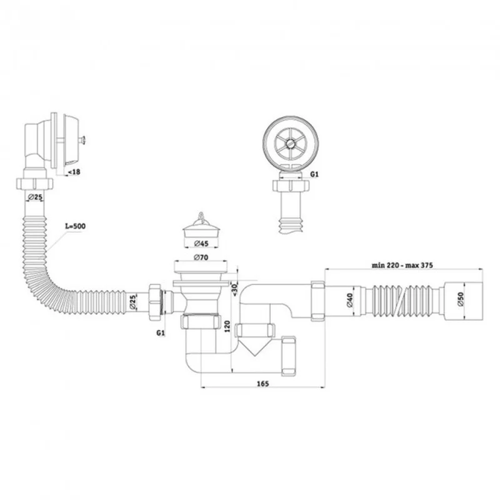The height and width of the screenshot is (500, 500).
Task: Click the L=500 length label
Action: click(75, 226)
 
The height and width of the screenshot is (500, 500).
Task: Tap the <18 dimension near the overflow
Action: click(74, 172)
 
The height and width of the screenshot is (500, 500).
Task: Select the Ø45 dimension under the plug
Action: click(201, 244)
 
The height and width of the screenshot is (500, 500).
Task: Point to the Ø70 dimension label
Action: click(201, 257)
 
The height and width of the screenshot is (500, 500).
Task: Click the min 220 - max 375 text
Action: click(402, 265)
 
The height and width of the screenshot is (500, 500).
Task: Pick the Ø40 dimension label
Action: click(349, 301)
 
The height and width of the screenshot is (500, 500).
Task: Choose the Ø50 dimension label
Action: click(461, 300)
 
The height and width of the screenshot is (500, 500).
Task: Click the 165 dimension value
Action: click(262, 384)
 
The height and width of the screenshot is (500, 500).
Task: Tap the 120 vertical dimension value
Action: click(227, 326)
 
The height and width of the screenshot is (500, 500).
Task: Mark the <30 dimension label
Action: click(235, 289)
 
